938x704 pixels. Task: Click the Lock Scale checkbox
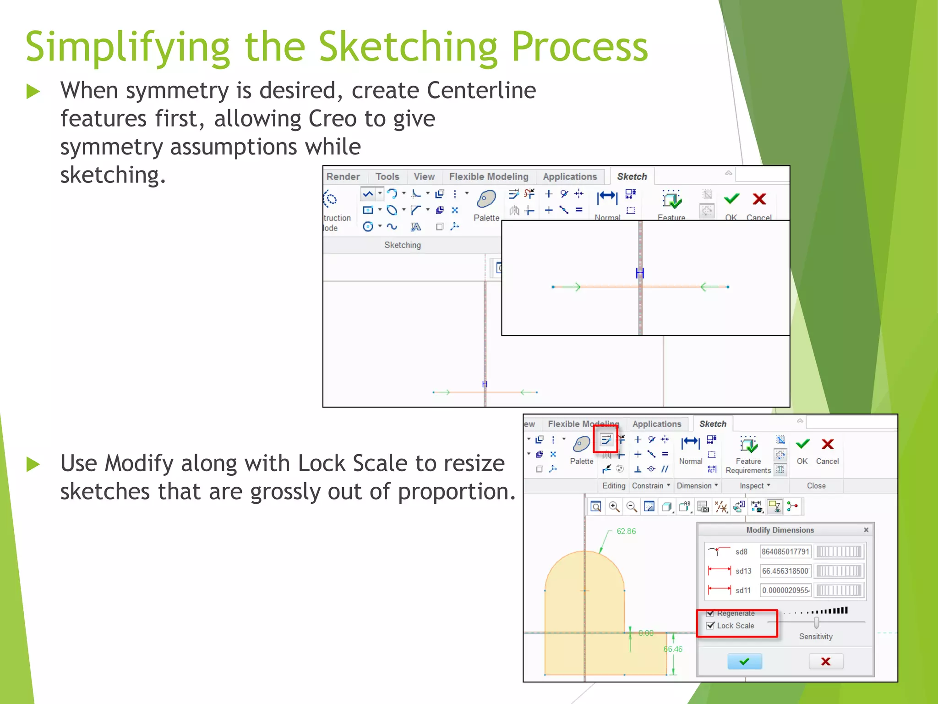point(710,626)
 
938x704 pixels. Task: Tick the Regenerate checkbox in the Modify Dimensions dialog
point(710,613)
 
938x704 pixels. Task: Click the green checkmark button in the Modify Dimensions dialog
point(744,661)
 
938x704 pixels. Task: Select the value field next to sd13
point(785,571)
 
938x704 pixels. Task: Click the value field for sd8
point(785,552)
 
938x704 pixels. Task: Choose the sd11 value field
point(785,590)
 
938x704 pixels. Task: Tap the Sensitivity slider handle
point(816,622)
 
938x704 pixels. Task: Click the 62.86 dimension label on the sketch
point(626,531)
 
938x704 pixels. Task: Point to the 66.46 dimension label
point(673,649)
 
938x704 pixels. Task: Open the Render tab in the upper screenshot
point(343,177)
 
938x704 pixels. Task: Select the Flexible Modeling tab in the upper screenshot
point(488,177)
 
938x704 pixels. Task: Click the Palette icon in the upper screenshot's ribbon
point(486,199)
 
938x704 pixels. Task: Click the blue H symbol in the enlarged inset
point(640,274)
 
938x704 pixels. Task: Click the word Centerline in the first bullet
point(481,90)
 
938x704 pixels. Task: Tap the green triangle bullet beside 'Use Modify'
point(33,464)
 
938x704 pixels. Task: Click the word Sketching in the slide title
point(408,47)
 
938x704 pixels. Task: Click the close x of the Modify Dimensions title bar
point(866,530)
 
